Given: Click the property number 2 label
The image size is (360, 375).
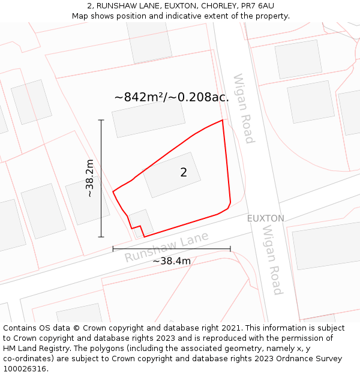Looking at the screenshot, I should tap(184, 173).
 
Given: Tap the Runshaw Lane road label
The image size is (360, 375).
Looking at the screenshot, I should tap(167, 247).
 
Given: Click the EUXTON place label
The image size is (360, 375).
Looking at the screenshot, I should tap(266, 218).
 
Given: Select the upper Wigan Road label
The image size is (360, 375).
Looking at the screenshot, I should tap(244, 109).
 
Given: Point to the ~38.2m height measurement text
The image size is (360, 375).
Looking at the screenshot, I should tap(89, 178).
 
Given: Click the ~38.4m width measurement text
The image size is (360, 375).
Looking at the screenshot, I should tap(172, 261).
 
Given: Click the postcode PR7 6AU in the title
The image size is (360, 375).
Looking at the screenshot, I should tap(257, 5).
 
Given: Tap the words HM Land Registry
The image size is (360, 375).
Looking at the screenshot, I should tap(32, 349).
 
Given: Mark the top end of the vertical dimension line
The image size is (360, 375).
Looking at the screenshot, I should tap(101, 120).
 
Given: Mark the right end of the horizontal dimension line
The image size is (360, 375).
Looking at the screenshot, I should tap(230, 248).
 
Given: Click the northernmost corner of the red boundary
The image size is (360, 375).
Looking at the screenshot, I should tap(223, 120).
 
